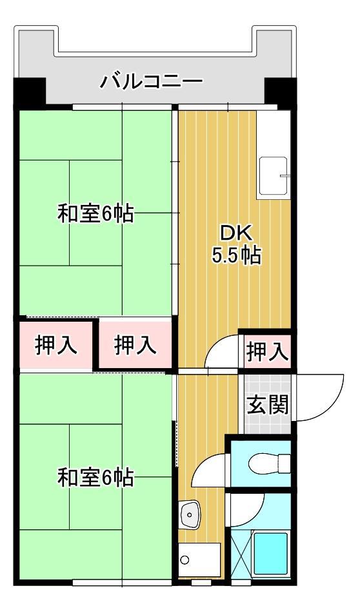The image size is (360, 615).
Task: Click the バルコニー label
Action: pyautogui.click(x=151, y=82)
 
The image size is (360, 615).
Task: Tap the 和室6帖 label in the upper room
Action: pyautogui.click(x=95, y=213)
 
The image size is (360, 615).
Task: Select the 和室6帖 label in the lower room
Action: pyautogui.click(x=95, y=478)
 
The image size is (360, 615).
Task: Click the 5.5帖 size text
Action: pyautogui.click(x=237, y=256)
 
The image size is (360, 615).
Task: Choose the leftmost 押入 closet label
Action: pyautogui.click(x=56, y=346)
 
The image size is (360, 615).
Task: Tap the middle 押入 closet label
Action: pyautogui.click(x=135, y=346)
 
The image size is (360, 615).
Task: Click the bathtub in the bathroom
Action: pyautogui.click(x=272, y=554)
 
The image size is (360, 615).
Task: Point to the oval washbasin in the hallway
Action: pyautogui.click(x=188, y=514)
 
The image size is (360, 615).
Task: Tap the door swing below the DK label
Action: pyautogui.click(x=222, y=355)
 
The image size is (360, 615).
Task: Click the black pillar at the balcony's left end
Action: pyautogui.click(x=29, y=92)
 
